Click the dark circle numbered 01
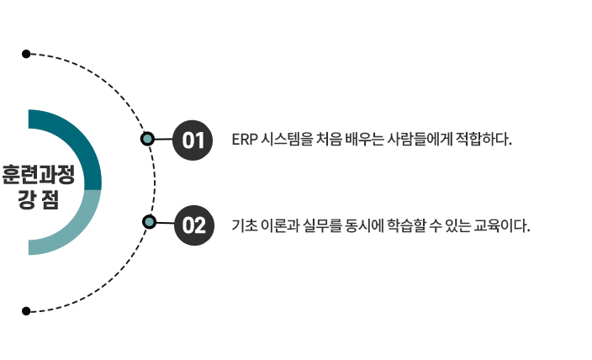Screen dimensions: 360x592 point(193,139)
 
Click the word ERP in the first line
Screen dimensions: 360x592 point(243,139)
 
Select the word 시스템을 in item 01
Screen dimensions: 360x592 point(286,139)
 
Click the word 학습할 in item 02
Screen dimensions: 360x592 point(410,225)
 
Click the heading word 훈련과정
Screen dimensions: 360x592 point(38,177)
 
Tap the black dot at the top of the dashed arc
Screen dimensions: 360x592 point(26,54)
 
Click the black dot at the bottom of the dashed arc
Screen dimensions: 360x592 point(26,310)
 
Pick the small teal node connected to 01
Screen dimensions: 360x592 point(147,139)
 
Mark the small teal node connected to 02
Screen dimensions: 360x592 point(149,222)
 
